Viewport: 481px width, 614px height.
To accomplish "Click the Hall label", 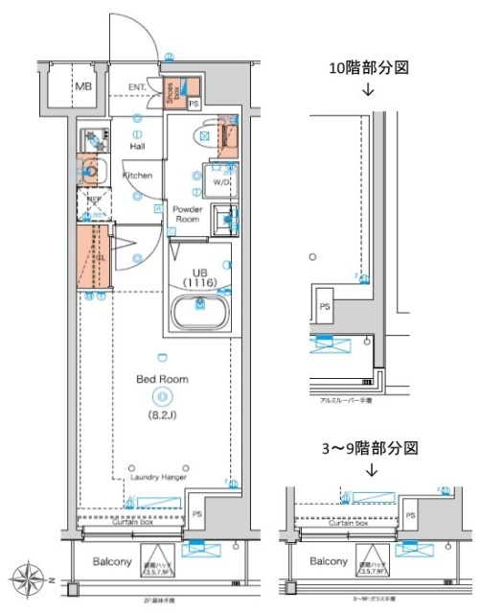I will [138, 146].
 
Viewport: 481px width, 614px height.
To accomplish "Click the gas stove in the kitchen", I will [90, 137].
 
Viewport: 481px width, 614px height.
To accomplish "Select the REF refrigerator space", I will [93, 202].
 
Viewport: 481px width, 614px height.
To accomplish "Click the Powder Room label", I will [187, 213].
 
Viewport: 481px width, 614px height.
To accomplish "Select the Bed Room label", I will [161, 379].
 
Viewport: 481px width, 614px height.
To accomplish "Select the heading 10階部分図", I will [369, 69].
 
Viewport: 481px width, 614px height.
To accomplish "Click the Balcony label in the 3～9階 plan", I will [328, 561].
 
